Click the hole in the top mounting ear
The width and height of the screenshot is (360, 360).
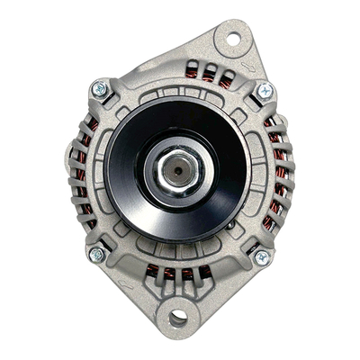(x=232, y=39)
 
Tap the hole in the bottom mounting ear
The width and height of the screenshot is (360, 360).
(x=177, y=317)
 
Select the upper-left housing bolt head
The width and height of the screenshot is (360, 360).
(x=99, y=90)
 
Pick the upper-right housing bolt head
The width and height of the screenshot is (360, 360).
(x=265, y=91)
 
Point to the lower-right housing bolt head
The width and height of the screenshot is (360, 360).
(x=261, y=257)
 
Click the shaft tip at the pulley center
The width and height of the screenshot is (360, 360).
(x=177, y=167)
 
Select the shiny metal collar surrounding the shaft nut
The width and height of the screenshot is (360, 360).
(x=200, y=168)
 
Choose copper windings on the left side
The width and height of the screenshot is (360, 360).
(x=83, y=175)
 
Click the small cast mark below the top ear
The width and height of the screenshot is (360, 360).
(x=255, y=66)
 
